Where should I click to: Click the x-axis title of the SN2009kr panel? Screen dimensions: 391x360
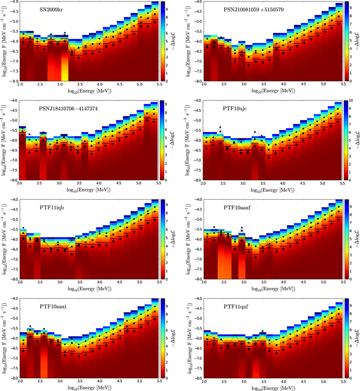pyautogui.click(x=89, y=91)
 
